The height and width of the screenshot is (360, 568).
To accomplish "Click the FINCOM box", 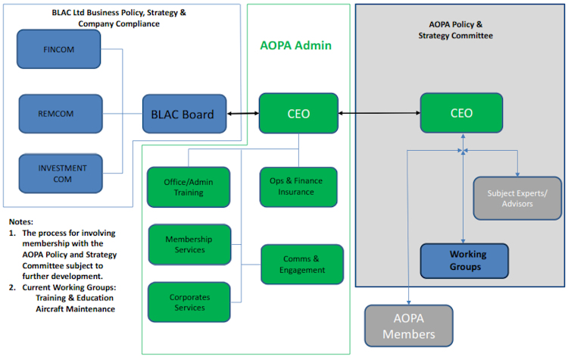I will tap(60, 50).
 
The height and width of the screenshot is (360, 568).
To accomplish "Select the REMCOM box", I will tap(60, 114).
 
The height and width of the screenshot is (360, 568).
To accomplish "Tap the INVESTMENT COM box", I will tap(60, 174).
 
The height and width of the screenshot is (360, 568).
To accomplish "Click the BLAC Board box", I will tap(184, 114).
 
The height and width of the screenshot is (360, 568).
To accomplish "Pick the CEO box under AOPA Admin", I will tap(298, 114).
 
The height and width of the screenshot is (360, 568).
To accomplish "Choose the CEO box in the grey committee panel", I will tap(461, 114).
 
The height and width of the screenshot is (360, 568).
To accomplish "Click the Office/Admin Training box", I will tap(188, 187).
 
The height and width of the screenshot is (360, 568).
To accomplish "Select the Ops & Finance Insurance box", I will tap(298, 187).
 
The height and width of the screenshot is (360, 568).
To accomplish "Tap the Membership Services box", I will tap(189, 244).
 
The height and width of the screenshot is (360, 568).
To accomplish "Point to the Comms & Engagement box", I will tap(302, 265).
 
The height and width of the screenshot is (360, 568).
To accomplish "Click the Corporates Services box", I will tap(189, 302).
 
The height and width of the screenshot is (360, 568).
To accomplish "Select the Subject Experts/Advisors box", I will tap(517, 198).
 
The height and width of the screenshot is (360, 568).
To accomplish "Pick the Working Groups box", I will tap(464, 260).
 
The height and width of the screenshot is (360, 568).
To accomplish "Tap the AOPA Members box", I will tap(408, 327).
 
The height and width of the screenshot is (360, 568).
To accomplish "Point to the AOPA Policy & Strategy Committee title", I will tap(455, 30).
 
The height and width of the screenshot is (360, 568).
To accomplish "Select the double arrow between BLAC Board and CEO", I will tap(242, 114).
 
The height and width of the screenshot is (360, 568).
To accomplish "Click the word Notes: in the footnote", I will tap(21, 221).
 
